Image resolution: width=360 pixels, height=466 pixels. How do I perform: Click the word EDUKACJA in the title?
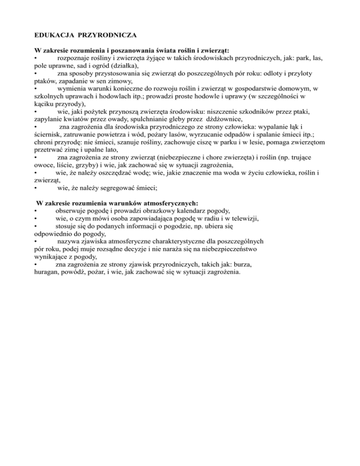51,35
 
